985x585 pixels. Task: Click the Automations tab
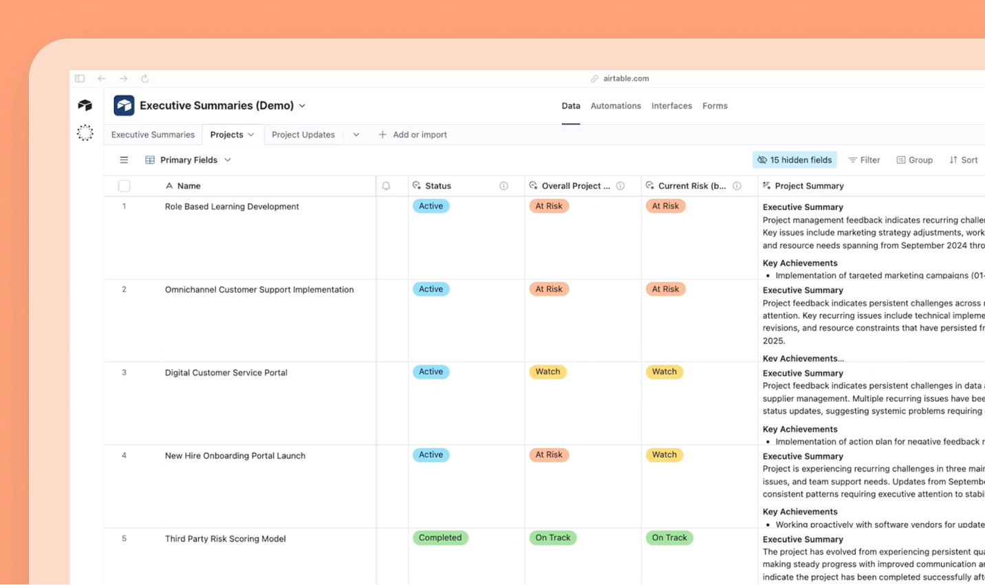pos(615,106)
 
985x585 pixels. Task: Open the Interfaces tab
pos(671,106)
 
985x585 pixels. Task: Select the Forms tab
pos(715,106)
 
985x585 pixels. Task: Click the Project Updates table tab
pos(303,135)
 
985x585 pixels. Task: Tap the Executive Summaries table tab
pos(153,135)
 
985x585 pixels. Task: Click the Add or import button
pos(413,135)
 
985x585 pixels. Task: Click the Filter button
pos(864,160)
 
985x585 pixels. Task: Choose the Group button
pos(914,160)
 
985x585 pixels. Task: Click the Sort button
pos(963,160)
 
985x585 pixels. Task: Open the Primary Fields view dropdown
pos(188,160)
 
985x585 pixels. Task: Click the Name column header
pos(188,186)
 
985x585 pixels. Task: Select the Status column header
pos(437,186)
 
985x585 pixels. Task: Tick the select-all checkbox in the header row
pos(124,186)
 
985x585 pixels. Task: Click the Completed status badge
pos(440,538)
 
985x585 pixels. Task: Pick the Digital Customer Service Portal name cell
pos(226,373)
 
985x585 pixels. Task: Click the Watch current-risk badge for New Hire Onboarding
pos(664,455)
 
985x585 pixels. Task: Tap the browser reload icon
pos(144,79)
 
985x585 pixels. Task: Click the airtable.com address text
pos(625,79)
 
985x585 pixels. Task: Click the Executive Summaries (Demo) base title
pos(216,106)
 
